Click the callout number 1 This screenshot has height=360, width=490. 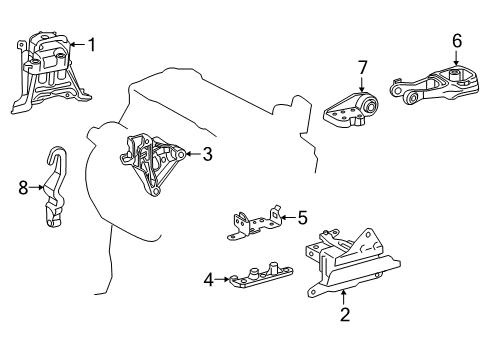(x=92, y=44)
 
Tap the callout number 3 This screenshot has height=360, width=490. (x=207, y=154)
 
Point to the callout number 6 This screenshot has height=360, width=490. (x=456, y=41)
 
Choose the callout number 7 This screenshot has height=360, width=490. (x=363, y=68)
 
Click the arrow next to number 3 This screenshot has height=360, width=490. (x=191, y=154)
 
